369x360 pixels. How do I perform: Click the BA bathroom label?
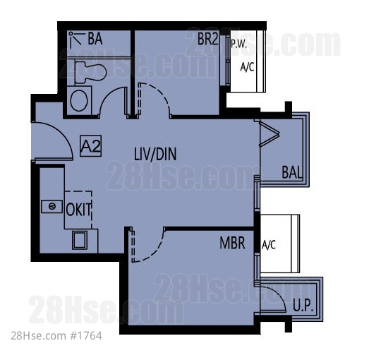(x=95, y=39)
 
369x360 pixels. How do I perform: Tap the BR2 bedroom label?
(x=208, y=39)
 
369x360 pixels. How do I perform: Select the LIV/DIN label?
(x=155, y=154)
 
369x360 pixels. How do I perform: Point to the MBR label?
(x=232, y=243)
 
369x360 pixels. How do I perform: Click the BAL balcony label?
(x=291, y=172)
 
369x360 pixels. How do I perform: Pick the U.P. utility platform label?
(x=303, y=306)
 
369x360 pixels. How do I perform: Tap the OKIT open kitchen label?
(x=78, y=210)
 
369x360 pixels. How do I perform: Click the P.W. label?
(x=239, y=44)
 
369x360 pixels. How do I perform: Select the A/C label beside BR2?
(x=247, y=67)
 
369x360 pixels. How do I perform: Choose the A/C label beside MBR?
(x=269, y=245)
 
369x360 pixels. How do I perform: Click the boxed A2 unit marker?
(x=90, y=146)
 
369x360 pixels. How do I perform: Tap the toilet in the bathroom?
(x=90, y=72)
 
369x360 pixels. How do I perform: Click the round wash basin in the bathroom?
(x=79, y=101)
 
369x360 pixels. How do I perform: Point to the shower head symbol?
(x=75, y=39)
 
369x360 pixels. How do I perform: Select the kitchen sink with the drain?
(x=52, y=207)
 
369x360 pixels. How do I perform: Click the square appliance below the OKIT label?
(x=80, y=240)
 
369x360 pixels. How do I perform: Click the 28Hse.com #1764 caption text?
(x=56, y=336)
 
